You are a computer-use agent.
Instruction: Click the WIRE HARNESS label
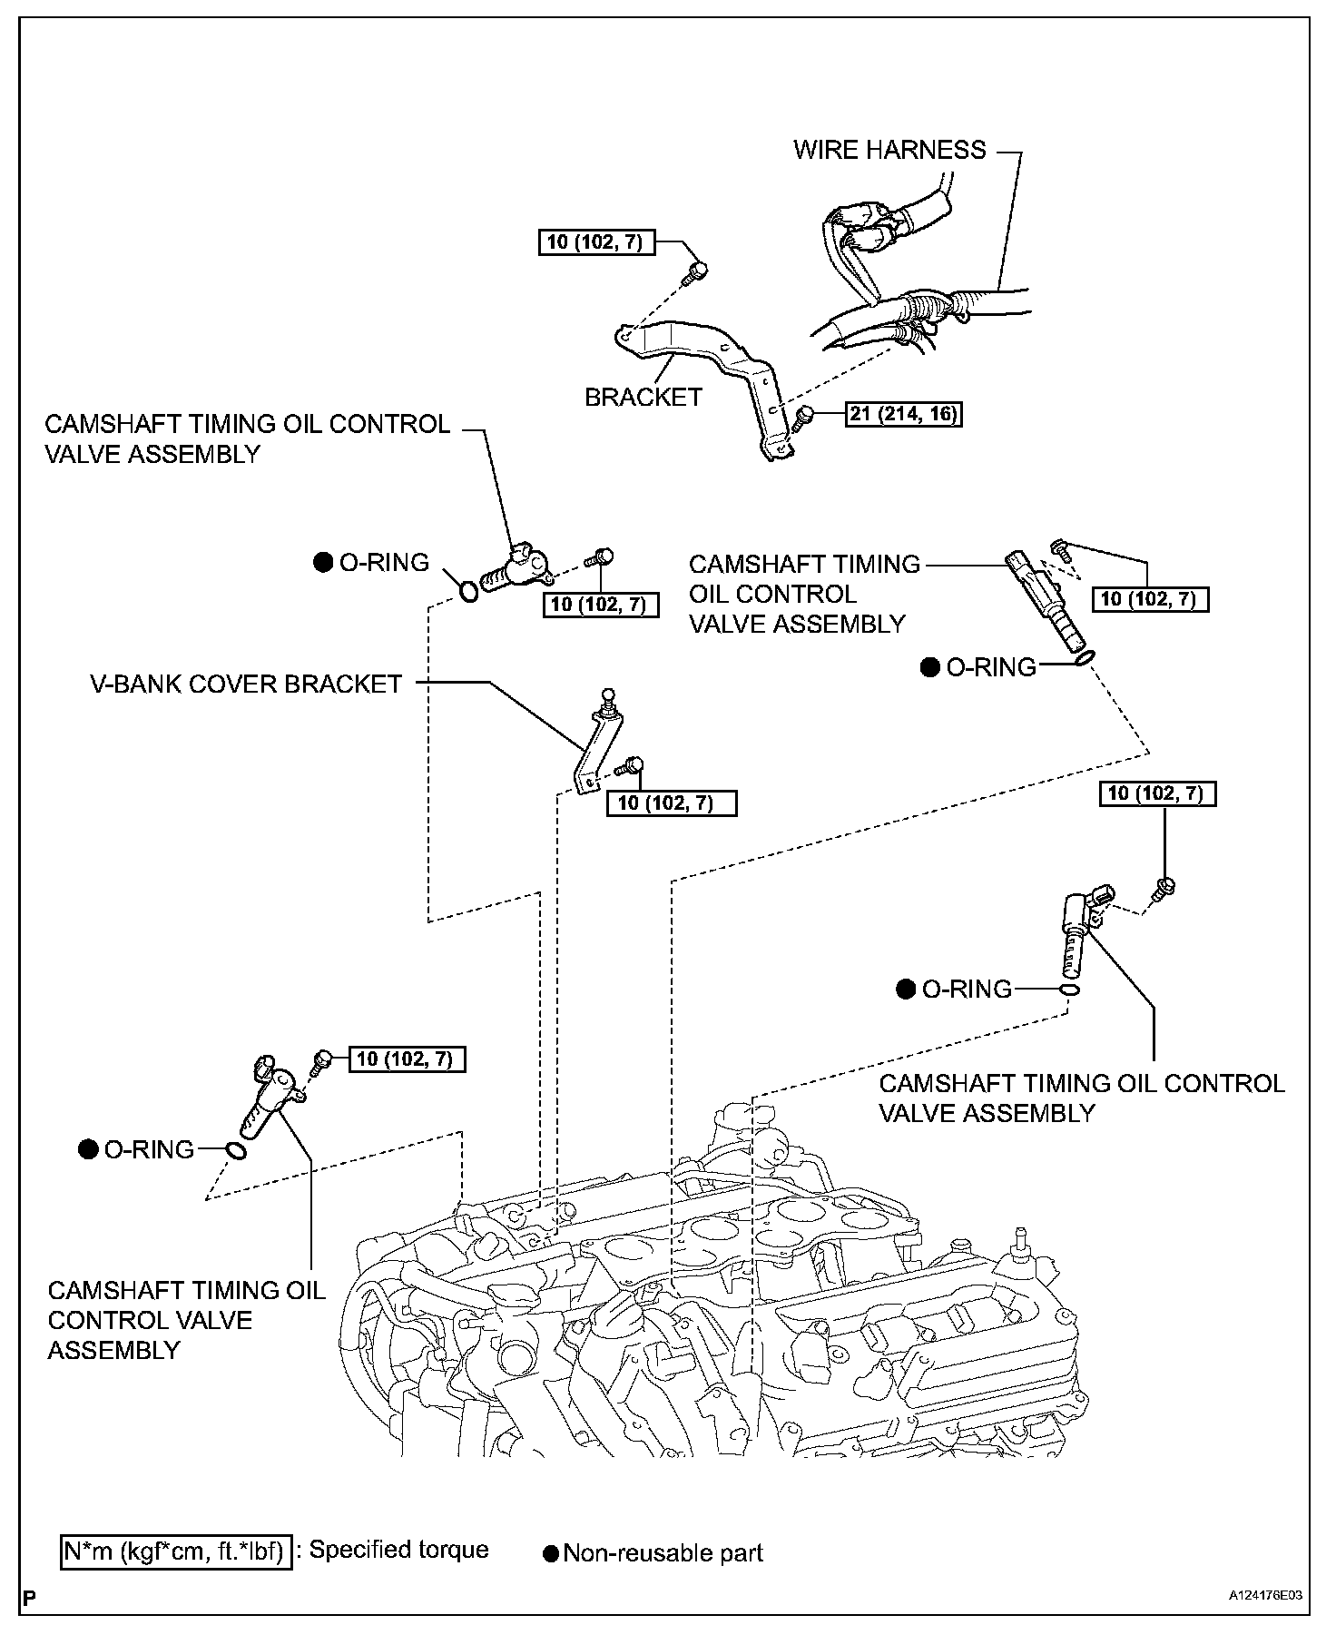[x=889, y=150]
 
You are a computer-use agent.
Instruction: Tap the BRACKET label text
[x=643, y=398]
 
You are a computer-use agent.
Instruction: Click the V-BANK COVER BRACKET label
[x=245, y=684]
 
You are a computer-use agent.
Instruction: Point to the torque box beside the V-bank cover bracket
[x=672, y=803]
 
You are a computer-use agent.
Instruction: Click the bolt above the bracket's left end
[x=697, y=271]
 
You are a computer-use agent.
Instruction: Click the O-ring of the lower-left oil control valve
[x=235, y=1150]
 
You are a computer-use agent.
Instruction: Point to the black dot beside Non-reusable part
[x=551, y=1553]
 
